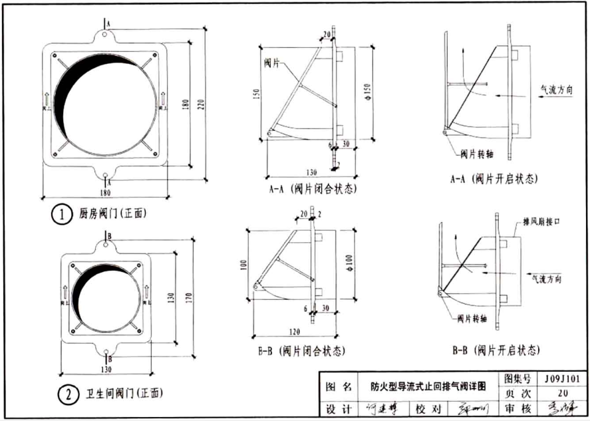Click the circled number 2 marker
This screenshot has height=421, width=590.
(x=68, y=395)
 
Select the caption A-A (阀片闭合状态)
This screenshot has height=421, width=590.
(x=312, y=189)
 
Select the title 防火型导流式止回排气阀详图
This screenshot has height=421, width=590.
(x=429, y=386)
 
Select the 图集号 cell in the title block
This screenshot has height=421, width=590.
(x=518, y=379)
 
